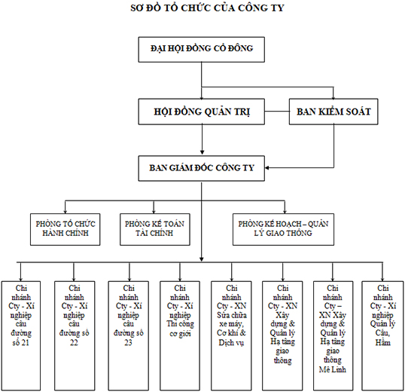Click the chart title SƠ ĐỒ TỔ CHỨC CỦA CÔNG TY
pyautogui.click(x=207, y=8)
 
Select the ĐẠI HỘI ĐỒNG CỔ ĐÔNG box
pyautogui.click(x=202, y=50)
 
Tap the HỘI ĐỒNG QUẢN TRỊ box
pyautogui.click(x=202, y=112)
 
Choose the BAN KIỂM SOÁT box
pyautogui.click(x=333, y=112)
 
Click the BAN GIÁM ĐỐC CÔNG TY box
pyautogui.click(x=202, y=168)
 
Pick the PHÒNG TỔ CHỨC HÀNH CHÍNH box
pyautogui.click(x=65, y=229)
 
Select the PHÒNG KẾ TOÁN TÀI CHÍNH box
pyautogui.click(x=155, y=229)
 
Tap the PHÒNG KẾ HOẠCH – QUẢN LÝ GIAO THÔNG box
pyautogui.click(x=283, y=229)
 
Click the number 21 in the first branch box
pyautogui.click(x=25, y=342)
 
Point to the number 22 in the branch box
pyautogui.click(x=74, y=342)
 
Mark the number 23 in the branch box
pyautogui.click(x=129, y=342)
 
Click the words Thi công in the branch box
pyautogui.click(x=180, y=324)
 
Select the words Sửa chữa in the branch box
pyautogui.click(x=232, y=315)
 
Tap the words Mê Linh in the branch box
pyautogui.click(x=333, y=369)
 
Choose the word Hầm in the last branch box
pyautogui.click(x=382, y=342)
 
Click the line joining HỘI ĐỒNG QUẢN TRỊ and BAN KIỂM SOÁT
pyautogui.click(x=277, y=112)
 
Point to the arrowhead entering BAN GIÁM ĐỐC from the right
pyautogui.click(x=267, y=168)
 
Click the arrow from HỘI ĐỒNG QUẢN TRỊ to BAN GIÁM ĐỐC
pyautogui.click(x=202, y=139)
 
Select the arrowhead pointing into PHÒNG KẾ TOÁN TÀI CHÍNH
pyautogui.click(x=154, y=211)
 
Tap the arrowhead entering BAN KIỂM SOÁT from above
pyautogui.click(x=333, y=97)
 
